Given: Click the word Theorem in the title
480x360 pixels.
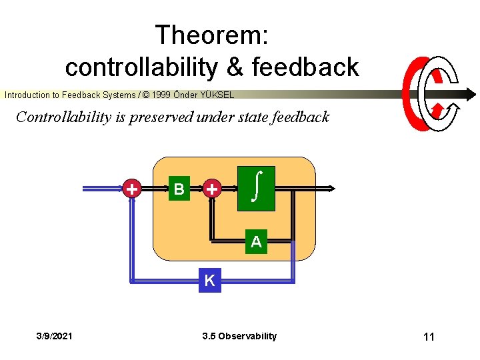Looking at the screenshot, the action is tap(211, 35).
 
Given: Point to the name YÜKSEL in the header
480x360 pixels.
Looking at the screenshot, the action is tap(216, 95).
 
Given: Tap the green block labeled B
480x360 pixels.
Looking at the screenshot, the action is tap(179, 189).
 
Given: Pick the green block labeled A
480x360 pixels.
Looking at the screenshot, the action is tap(256, 242).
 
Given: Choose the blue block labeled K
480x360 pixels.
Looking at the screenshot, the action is tap(209, 281).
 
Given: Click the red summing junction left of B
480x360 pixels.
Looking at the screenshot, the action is tap(133, 189).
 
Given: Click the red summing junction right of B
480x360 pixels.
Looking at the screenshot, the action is tap(211, 189).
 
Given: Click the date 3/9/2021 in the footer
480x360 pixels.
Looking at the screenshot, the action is tap(55, 336).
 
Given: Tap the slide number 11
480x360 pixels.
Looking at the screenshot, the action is tap(428, 337).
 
